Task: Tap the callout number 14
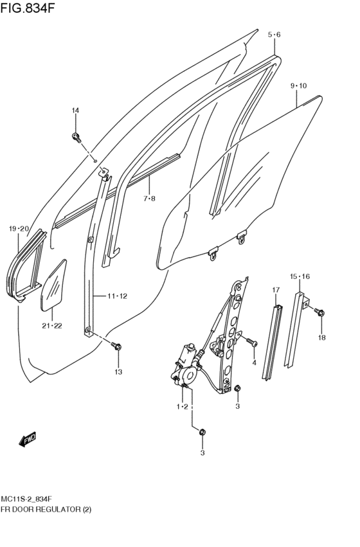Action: coord(75,111)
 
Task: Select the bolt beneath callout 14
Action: coord(76,136)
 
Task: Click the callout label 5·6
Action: coord(274,34)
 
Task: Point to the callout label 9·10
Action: coord(298,85)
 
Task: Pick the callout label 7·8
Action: coord(149,199)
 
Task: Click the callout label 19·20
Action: coord(19,229)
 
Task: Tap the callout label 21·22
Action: coord(53,325)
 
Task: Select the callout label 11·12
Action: coord(118,296)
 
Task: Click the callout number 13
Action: coord(118,372)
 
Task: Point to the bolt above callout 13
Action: coord(117,347)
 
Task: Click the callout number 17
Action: coord(275,290)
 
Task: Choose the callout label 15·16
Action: coord(300,276)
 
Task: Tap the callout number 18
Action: coord(321,337)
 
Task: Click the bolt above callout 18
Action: coord(319,312)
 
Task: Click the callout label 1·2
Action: coord(182,407)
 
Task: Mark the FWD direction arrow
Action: coord(28,440)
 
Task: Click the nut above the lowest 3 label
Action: coord(202,433)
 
